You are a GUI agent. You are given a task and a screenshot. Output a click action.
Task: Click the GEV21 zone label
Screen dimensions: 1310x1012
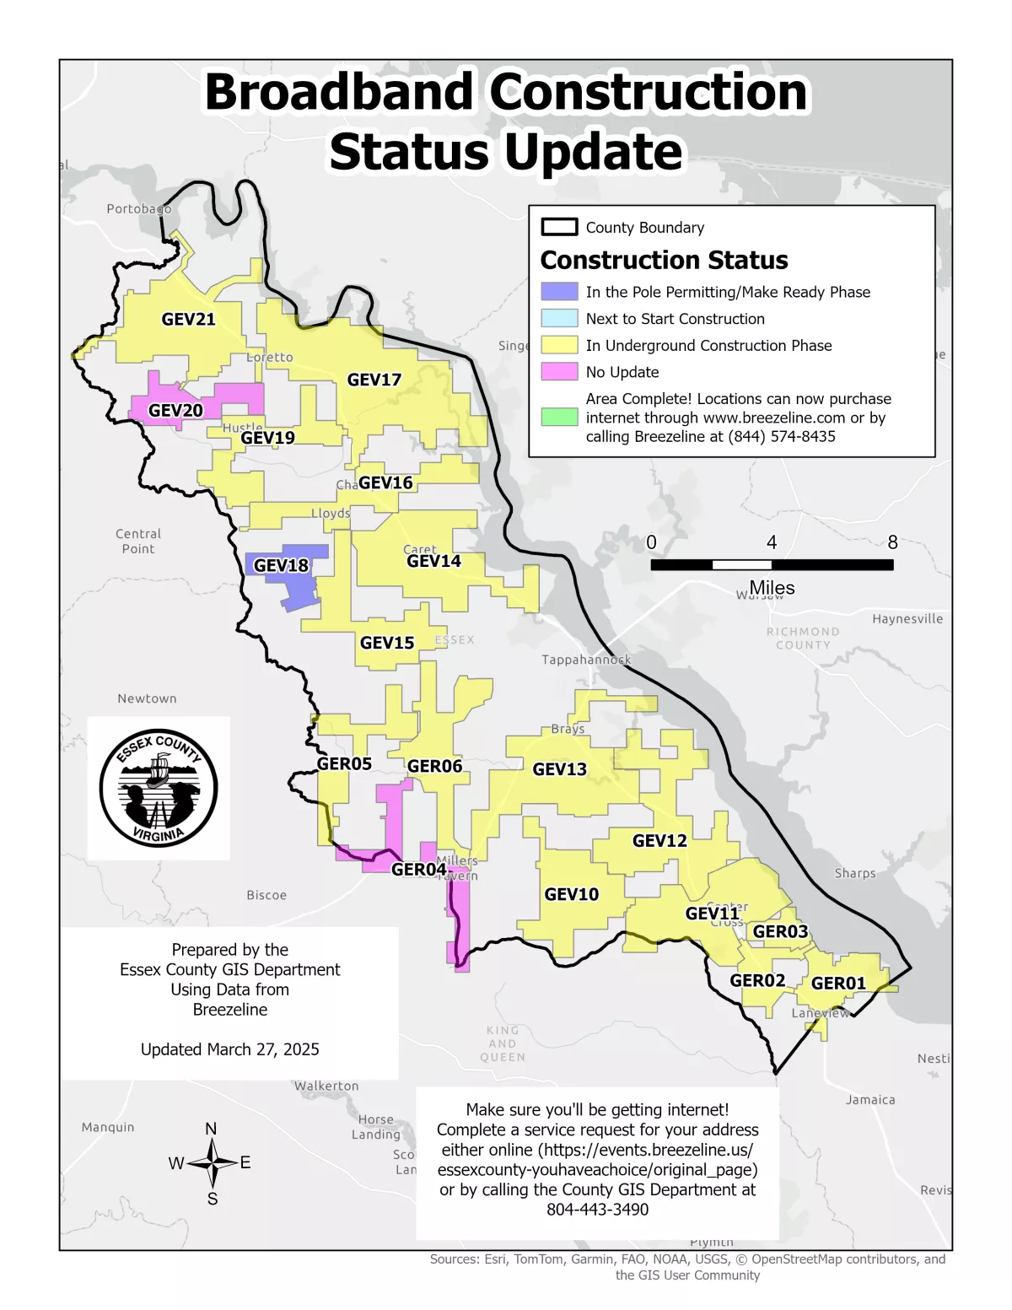(188, 320)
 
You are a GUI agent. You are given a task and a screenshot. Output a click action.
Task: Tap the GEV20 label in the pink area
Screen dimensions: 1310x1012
(175, 411)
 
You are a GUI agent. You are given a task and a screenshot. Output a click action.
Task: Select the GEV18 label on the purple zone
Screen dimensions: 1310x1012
(281, 566)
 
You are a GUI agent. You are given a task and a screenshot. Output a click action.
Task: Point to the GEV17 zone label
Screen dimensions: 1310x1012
(374, 380)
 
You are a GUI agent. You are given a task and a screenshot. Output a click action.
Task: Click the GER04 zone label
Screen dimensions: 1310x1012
(418, 870)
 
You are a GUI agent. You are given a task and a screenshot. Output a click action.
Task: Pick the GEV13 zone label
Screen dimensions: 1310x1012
(559, 769)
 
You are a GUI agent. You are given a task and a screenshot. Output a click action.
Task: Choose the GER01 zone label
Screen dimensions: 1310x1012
(838, 984)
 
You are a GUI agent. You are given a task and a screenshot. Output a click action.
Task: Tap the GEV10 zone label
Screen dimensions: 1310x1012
(571, 895)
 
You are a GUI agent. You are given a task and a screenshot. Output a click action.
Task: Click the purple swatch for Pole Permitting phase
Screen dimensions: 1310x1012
(559, 292)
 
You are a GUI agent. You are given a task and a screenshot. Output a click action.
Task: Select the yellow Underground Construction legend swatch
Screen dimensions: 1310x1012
(559, 345)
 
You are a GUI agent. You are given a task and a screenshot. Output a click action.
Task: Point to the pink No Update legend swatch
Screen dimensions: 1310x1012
(559, 372)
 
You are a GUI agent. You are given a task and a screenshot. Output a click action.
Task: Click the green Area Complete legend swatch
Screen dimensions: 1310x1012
(559, 417)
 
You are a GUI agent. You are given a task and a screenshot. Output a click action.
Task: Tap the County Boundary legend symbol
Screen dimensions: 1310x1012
(559, 227)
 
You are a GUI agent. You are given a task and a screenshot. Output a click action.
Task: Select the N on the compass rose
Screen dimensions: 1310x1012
(211, 1129)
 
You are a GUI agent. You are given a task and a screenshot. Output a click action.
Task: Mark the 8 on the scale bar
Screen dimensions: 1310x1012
(892, 542)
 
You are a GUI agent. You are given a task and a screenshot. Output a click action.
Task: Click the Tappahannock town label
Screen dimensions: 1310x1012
(586, 660)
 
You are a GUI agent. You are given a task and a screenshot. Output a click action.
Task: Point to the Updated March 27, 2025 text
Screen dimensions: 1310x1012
(229, 1049)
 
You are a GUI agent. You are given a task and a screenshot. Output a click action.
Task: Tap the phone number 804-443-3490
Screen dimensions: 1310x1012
(597, 1210)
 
